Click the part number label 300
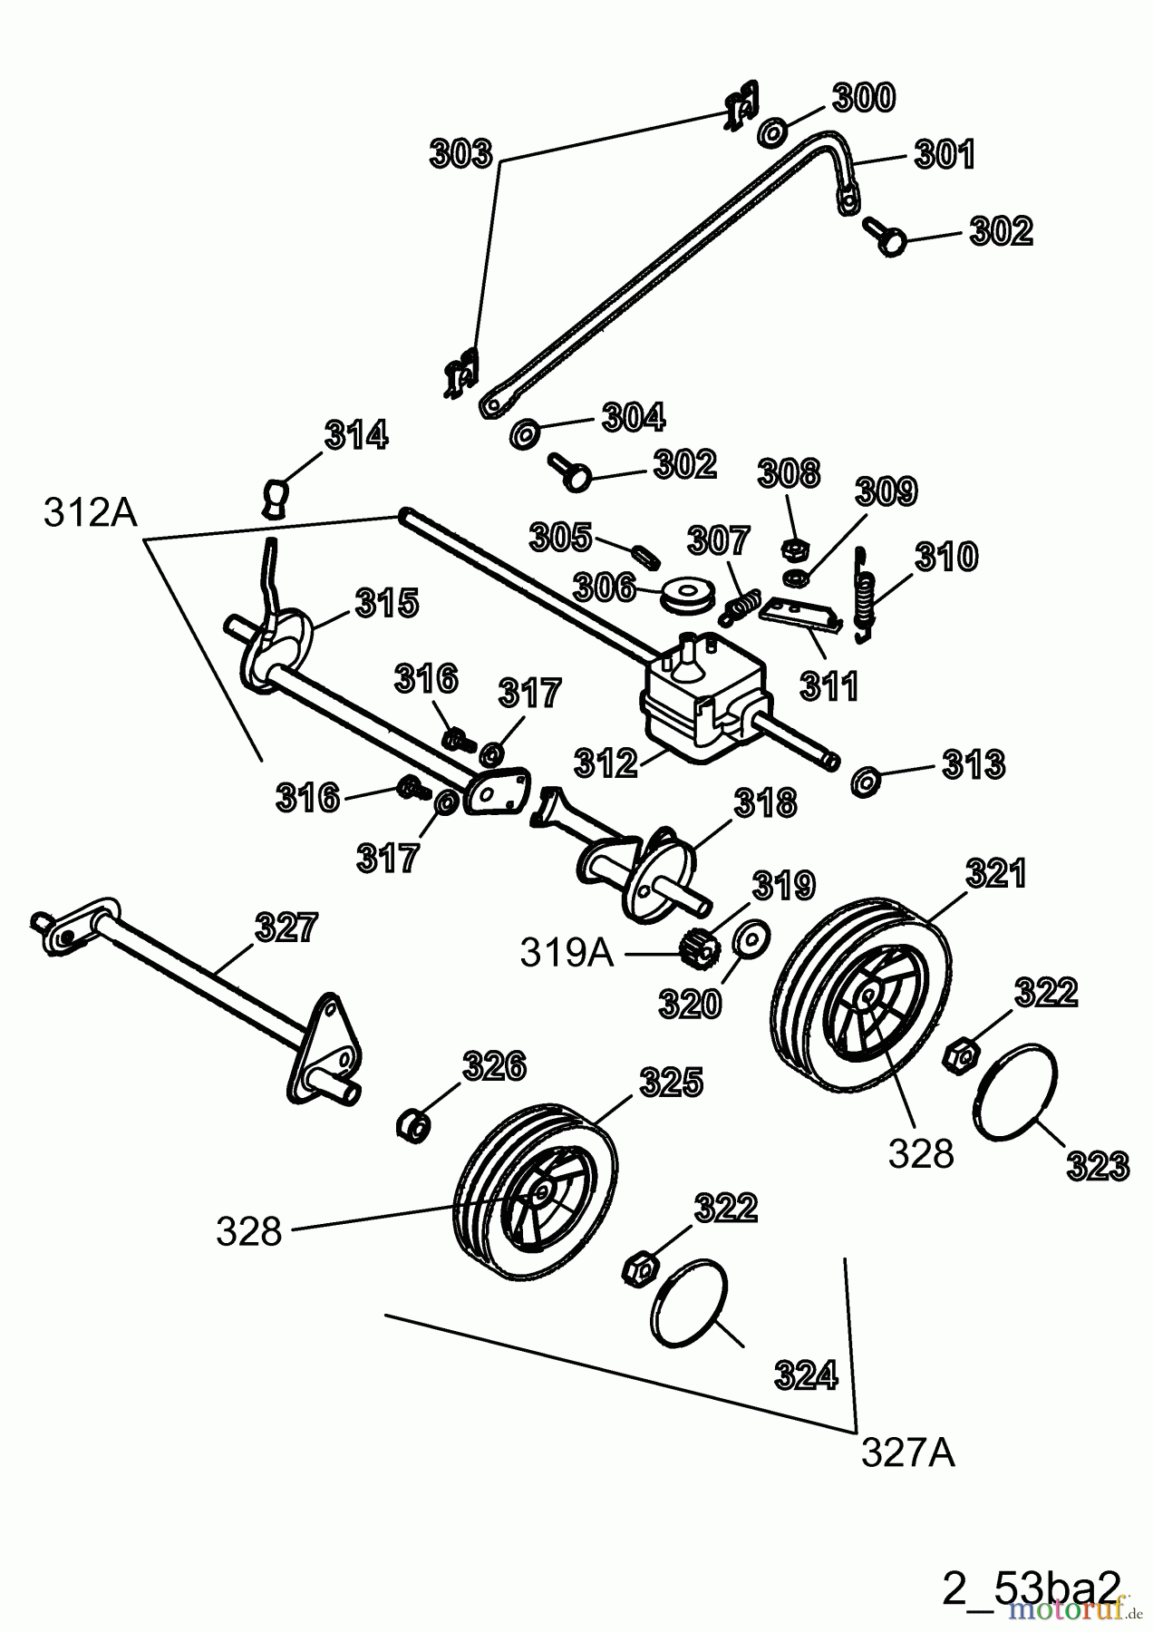pos(863,98)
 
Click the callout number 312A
pos(90,513)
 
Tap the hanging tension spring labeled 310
pos(866,595)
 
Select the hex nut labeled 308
pos(794,549)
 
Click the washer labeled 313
pos(866,780)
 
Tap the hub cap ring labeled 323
pos(1015,1092)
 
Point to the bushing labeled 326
pos(412,1125)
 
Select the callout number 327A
pos(907,1453)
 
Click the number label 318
pos(765,803)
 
